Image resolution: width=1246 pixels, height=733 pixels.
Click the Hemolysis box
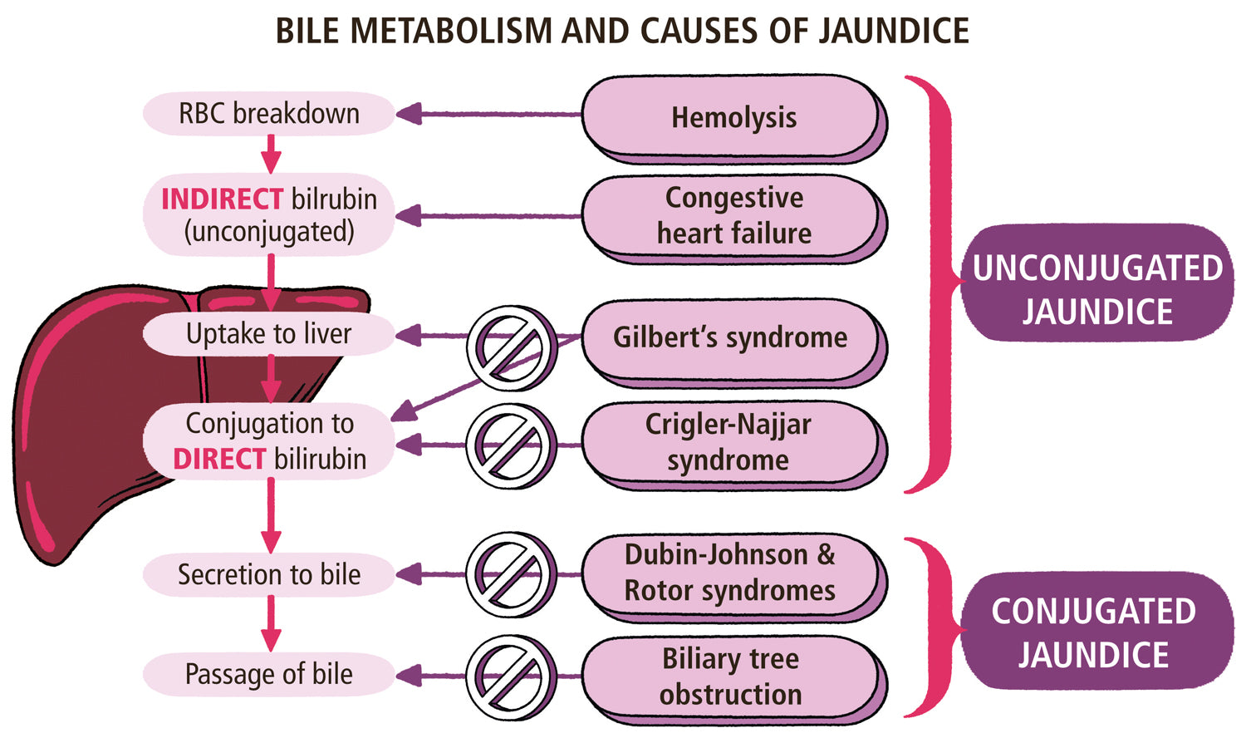coord(733,117)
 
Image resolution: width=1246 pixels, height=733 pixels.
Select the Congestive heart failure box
coord(733,215)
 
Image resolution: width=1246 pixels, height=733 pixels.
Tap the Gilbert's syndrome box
coord(730,337)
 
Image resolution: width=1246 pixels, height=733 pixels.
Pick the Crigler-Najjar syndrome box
coord(728,442)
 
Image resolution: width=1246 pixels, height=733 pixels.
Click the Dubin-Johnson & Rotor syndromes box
coord(730,573)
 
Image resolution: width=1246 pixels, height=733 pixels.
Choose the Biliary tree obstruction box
coord(730,676)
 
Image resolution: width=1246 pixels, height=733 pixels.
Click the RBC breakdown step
coord(269,113)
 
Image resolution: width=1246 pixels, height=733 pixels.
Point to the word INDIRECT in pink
coord(222,199)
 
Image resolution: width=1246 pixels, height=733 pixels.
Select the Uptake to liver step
coord(268,334)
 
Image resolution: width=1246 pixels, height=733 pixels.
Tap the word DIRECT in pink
coord(218,459)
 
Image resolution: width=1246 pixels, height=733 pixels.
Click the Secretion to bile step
coord(269,574)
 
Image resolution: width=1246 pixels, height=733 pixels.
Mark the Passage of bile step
coord(269,674)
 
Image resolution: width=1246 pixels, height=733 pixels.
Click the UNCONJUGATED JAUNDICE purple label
coord(1097,289)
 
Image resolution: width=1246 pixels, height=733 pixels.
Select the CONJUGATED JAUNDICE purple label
coord(1094,632)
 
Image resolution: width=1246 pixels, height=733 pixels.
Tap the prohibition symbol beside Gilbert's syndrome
coord(511,347)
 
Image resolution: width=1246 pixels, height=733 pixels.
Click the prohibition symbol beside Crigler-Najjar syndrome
coord(511,446)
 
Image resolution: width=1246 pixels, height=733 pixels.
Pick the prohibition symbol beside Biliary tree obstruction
coord(511,676)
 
